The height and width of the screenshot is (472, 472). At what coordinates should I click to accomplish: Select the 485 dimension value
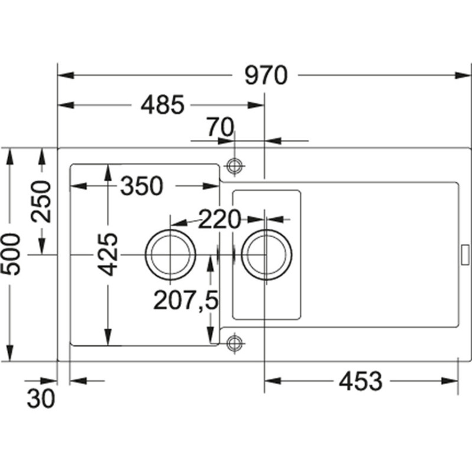[x=163, y=106]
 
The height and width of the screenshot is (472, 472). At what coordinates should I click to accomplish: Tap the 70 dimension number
[x=220, y=126]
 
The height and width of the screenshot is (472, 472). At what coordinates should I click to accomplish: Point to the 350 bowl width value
[x=141, y=186]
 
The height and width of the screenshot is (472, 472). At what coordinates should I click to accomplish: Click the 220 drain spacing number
[x=219, y=219]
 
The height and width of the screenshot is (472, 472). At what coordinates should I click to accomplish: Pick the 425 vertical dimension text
[x=108, y=254]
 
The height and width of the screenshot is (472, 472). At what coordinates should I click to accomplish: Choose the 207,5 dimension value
[x=186, y=301]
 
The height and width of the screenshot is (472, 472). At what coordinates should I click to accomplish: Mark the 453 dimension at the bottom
[x=360, y=382]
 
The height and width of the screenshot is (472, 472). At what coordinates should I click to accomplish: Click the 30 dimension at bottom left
[x=41, y=399]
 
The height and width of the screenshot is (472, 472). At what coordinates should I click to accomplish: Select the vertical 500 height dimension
[x=12, y=254]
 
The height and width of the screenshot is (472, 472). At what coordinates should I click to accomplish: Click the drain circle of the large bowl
[x=171, y=254]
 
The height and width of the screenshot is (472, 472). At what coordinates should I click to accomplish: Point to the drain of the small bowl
[x=266, y=254]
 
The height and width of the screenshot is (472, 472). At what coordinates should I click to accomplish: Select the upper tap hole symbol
[x=235, y=166]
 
